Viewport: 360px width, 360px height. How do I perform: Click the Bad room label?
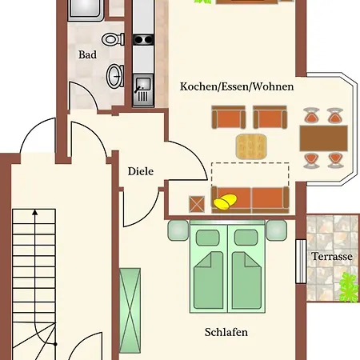[x=87, y=54]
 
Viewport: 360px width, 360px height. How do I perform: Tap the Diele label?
[x=141, y=171]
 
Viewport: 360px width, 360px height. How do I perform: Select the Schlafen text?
[x=226, y=332]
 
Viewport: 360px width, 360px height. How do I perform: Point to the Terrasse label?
[x=332, y=256]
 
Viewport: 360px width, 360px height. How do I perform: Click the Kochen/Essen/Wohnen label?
[x=237, y=86]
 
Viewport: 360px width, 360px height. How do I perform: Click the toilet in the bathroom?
[x=113, y=39]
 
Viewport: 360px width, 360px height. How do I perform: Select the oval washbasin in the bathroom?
[x=115, y=76]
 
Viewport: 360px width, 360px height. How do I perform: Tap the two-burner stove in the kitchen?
[x=143, y=40]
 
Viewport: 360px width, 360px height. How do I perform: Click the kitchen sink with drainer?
[x=143, y=90]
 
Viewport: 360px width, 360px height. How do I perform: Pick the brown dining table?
[x=324, y=138]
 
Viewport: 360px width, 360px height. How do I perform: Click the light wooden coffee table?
[x=251, y=146]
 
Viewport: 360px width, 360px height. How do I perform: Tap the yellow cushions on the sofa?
[x=225, y=202]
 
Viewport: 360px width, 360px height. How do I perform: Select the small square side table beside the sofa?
[x=197, y=204]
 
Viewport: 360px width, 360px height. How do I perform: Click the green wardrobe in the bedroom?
[x=130, y=310]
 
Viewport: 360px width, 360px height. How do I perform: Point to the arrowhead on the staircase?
[x=35, y=212]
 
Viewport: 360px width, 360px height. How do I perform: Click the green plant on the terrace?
[x=349, y=287]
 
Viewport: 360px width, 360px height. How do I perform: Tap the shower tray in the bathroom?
[x=86, y=10]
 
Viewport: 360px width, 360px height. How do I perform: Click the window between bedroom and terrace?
[x=301, y=262]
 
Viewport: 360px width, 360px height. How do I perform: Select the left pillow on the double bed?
[x=208, y=238]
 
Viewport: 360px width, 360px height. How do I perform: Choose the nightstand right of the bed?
[x=277, y=230]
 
